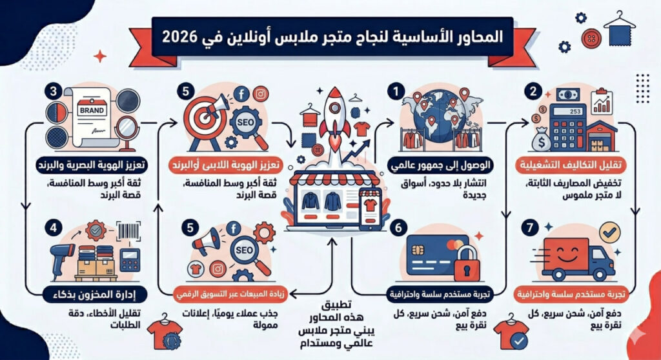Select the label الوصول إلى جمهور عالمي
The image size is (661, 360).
pyautogui.click(x=440, y=165)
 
